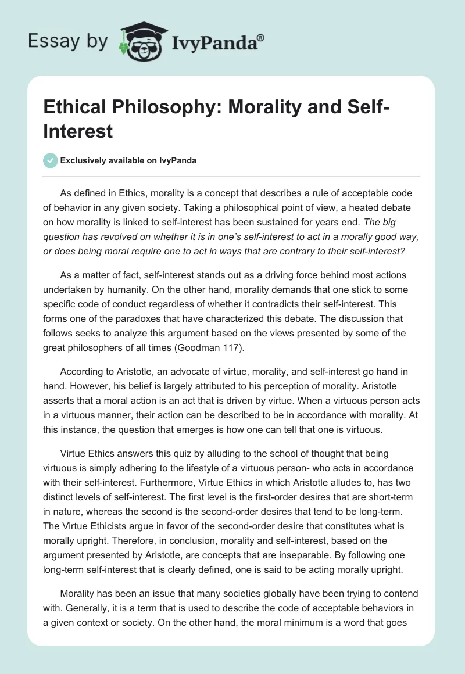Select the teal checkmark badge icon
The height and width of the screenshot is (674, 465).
pyautogui.click(x=51, y=160)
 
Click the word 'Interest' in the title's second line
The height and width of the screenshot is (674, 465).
pyautogui.click(x=78, y=131)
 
